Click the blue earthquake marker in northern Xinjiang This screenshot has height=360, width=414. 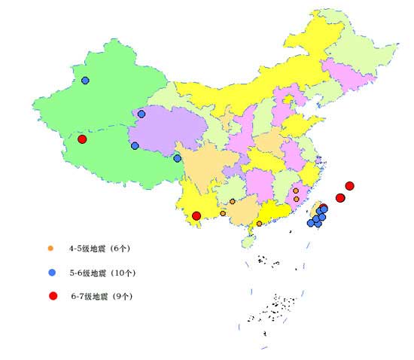point(85,80)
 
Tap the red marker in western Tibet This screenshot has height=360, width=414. point(82,139)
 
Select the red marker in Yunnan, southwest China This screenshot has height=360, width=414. point(196,216)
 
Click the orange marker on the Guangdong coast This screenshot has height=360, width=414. point(260,224)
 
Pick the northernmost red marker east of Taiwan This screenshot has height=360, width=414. point(349,186)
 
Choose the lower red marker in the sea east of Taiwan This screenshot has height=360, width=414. point(340,198)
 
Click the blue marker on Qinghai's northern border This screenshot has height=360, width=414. point(142,114)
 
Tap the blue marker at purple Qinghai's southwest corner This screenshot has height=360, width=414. point(135,146)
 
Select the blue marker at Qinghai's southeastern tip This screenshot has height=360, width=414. point(178,158)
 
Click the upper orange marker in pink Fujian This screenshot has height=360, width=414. point(296,191)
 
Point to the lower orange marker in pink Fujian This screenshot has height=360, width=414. point(297,200)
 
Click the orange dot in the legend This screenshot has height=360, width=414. point(51,248)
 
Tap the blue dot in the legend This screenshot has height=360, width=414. point(52,272)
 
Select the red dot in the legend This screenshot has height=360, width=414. point(53,296)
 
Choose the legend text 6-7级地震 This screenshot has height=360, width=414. point(90,297)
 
